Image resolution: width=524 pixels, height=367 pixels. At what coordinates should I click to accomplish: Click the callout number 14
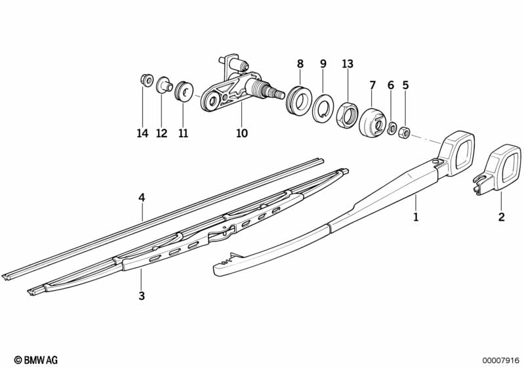tap(142, 133)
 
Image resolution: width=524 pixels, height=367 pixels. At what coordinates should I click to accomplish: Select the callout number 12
tap(162, 133)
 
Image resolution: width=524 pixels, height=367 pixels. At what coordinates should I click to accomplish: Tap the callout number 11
tap(183, 133)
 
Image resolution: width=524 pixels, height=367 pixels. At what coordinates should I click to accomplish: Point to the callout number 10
tap(242, 133)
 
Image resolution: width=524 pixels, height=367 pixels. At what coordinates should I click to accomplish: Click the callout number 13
tap(348, 64)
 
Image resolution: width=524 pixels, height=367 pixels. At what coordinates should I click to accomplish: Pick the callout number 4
tap(141, 197)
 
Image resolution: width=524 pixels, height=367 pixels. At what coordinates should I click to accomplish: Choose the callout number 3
tap(141, 296)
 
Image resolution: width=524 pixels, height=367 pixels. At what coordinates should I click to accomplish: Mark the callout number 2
tap(501, 217)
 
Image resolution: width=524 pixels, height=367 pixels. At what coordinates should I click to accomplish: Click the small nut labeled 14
tap(144, 81)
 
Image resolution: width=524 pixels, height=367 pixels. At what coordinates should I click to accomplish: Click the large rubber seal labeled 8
tap(298, 100)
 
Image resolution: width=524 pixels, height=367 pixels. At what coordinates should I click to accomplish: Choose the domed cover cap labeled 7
tap(373, 123)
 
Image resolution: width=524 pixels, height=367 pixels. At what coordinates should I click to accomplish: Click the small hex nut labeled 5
tap(405, 131)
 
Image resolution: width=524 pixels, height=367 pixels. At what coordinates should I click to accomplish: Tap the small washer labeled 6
tap(392, 128)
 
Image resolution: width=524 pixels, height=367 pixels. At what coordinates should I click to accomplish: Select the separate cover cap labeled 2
tap(501, 169)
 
